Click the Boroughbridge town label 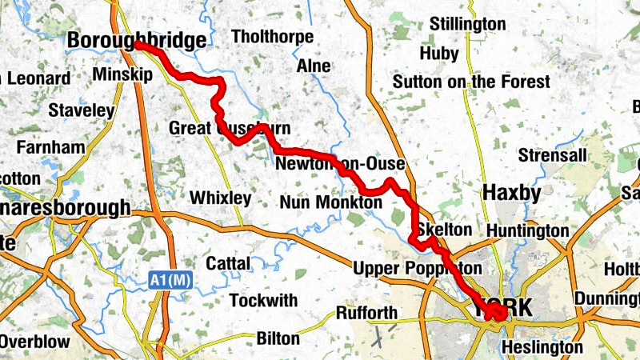tap(136, 40)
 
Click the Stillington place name tap(468, 23)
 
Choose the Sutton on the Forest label tap(471, 82)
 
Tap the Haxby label tap(512, 193)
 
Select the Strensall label tap(553, 154)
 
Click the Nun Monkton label tap(331, 203)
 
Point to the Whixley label tap(220, 198)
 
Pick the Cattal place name tap(228, 262)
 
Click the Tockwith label tap(263, 301)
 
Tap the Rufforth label tap(367, 312)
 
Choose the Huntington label tap(526, 231)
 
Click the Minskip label tap(122, 74)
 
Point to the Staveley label tap(82, 110)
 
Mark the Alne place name tap(314, 66)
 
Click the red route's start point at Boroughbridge tap(138, 46)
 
